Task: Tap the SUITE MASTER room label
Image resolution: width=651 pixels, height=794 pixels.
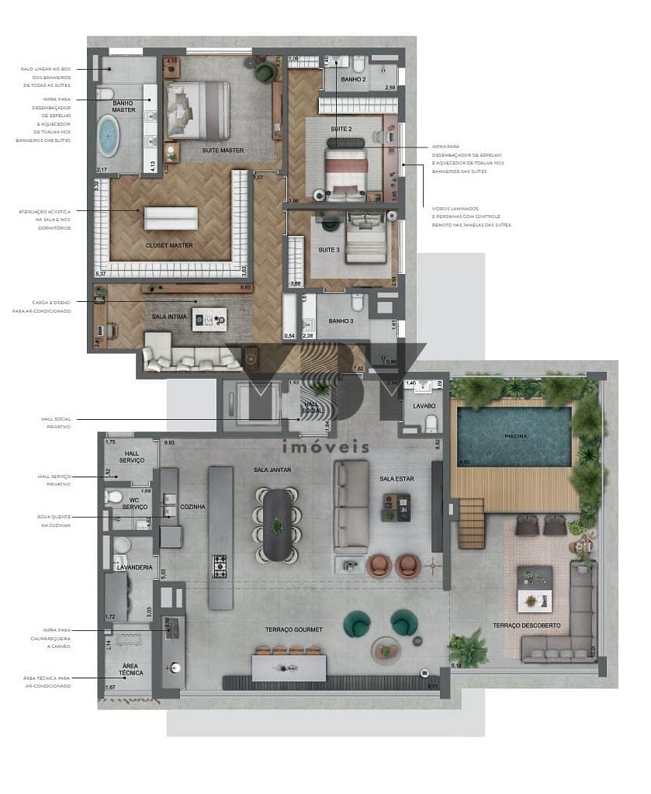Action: tap(223, 150)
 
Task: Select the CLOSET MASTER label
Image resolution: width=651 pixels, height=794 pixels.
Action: tap(169, 245)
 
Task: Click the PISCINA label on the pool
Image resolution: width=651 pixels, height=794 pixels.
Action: tap(514, 436)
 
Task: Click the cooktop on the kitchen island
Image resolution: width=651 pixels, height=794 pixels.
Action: tap(220, 567)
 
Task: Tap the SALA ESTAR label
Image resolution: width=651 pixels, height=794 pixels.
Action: tap(396, 479)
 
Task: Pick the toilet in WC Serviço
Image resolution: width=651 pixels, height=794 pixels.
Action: tap(113, 498)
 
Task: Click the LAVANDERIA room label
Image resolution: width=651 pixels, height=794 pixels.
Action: tap(133, 567)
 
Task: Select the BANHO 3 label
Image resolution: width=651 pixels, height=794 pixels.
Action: tap(341, 321)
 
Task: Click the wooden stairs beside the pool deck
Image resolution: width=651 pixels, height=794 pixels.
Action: tap(469, 513)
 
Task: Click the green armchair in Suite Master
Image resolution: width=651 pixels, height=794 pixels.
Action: tap(265, 71)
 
